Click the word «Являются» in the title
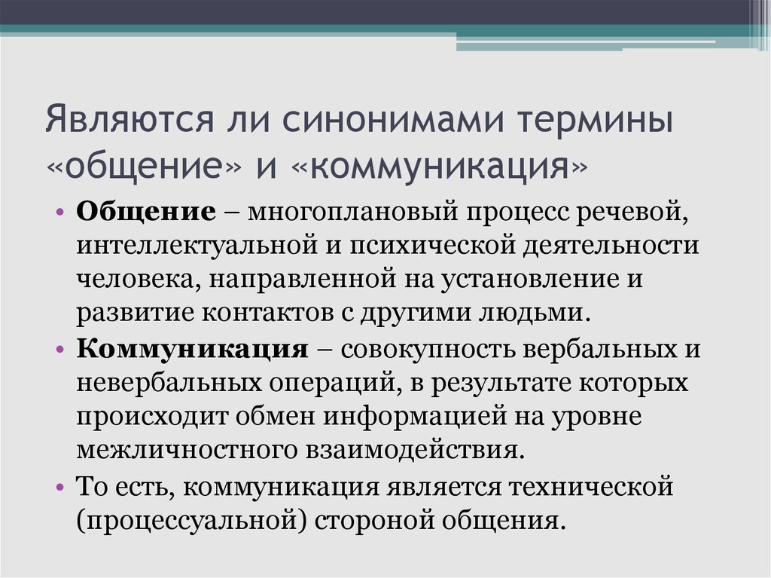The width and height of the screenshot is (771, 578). tap(130, 120)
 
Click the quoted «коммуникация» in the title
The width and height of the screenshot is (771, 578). tap(440, 167)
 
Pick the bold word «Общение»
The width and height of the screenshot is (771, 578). tap(146, 213)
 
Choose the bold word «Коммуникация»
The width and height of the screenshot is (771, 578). tap(192, 349)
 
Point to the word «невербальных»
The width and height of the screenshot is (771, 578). tap(169, 383)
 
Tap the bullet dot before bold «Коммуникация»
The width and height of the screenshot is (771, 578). tap(60, 350)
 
